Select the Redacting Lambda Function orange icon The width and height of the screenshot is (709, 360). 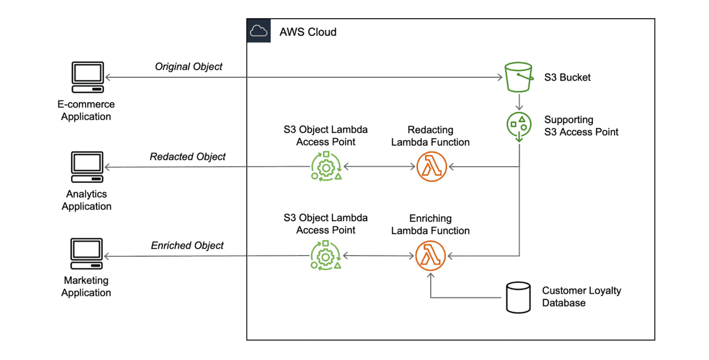pyautogui.click(x=431, y=167)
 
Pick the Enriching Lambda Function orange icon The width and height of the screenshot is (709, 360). pyautogui.click(x=431, y=256)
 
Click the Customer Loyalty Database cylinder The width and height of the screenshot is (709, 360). pyautogui.click(x=518, y=297)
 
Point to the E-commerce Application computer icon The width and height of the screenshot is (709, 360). pyautogui.click(x=87, y=77)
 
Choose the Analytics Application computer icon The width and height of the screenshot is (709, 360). pyautogui.click(x=87, y=167)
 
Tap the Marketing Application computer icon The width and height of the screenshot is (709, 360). pyautogui.click(x=87, y=255)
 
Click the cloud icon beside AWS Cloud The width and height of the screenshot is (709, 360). pyautogui.click(x=258, y=30)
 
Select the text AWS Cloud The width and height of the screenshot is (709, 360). pyautogui.click(x=308, y=31)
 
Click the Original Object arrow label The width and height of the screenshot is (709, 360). pyautogui.click(x=188, y=67)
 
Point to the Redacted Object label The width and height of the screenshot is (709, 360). pyautogui.click(x=188, y=157)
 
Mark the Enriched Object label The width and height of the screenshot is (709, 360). pyautogui.click(x=187, y=246)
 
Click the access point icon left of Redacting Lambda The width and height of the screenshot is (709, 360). pyautogui.click(x=326, y=166)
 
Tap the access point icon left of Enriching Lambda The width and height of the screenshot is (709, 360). pyautogui.click(x=326, y=256)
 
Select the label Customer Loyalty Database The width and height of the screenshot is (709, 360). pyautogui.click(x=581, y=297)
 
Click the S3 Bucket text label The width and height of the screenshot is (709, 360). pyautogui.click(x=567, y=77)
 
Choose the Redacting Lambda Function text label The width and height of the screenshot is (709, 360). pyautogui.click(x=431, y=136)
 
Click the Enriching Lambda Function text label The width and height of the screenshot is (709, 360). pyautogui.click(x=431, y=225)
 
